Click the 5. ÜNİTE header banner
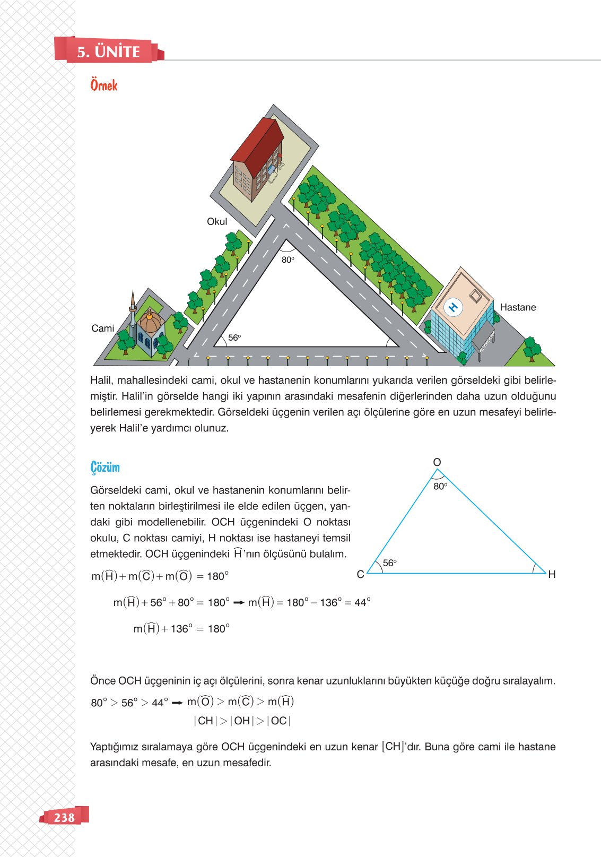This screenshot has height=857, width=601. [x=109, y=51]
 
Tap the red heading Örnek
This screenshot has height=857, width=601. [x=103, y=85]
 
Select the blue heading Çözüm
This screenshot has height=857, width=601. [x=105, y=468]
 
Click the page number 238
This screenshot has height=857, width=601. [x=64, y=817]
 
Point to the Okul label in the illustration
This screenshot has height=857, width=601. [x=217, y=222]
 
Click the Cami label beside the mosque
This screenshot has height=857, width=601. [x=102, y=328]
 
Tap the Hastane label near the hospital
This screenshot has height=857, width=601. [x=518, y=307]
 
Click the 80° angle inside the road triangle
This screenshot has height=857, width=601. [x=288, y=259]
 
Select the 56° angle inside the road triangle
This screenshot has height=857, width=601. [x=234, y=337]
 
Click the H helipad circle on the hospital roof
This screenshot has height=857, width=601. [x=453, y=307]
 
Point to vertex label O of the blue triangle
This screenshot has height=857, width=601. [x=437, y=462]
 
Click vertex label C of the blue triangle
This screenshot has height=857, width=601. [x=360, y=574]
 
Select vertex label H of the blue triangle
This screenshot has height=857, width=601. [x=552, y=574]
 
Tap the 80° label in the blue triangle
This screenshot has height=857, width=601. [x=440, y=486]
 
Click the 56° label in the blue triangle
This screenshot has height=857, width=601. [x=390, y=563]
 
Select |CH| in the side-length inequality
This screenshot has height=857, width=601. [x=205, y=721]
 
